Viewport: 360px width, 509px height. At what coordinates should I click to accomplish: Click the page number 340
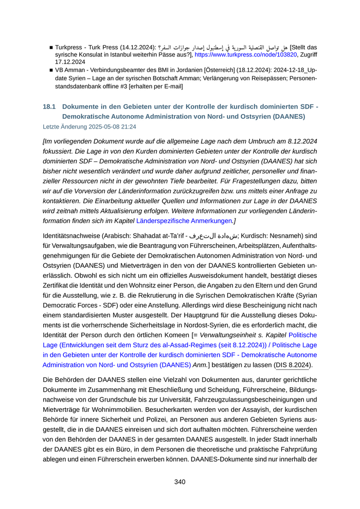(x=179, y=482)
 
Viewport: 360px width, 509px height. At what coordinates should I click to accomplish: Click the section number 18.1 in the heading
(x=49, y=106)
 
